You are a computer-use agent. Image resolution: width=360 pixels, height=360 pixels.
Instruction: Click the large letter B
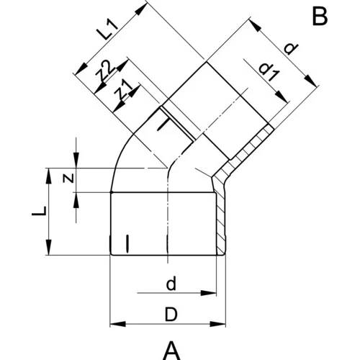320,17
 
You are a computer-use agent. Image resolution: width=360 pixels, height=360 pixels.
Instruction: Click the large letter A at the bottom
171,351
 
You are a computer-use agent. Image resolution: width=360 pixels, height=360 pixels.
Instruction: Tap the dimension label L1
108,30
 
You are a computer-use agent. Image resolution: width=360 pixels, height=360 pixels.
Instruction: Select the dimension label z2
105,70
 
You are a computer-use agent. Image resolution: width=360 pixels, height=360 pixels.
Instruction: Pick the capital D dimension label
171,315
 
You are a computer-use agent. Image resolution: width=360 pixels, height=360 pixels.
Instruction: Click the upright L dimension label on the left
39,211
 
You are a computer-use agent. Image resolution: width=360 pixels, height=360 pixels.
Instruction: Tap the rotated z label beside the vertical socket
68,179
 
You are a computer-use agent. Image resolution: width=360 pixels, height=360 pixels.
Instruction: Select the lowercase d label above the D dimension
171,284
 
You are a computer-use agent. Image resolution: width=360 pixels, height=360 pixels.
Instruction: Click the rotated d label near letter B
291,49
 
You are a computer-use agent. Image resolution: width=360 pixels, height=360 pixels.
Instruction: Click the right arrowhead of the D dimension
217,324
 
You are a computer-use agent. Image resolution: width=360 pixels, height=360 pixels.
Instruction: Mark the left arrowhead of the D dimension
117,324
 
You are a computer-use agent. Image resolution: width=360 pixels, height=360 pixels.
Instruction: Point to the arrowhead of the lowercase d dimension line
208,293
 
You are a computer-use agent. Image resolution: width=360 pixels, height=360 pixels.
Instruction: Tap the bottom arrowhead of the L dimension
49,247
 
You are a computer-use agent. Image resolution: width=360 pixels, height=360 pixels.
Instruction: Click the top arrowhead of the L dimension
49,176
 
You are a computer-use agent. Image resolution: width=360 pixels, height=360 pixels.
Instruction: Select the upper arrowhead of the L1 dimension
141,9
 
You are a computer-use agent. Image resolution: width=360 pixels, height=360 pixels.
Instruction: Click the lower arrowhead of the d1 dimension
282,97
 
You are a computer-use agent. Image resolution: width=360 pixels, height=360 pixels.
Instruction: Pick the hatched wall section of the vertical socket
221,216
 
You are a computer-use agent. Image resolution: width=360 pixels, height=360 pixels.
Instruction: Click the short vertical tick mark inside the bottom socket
127,244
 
